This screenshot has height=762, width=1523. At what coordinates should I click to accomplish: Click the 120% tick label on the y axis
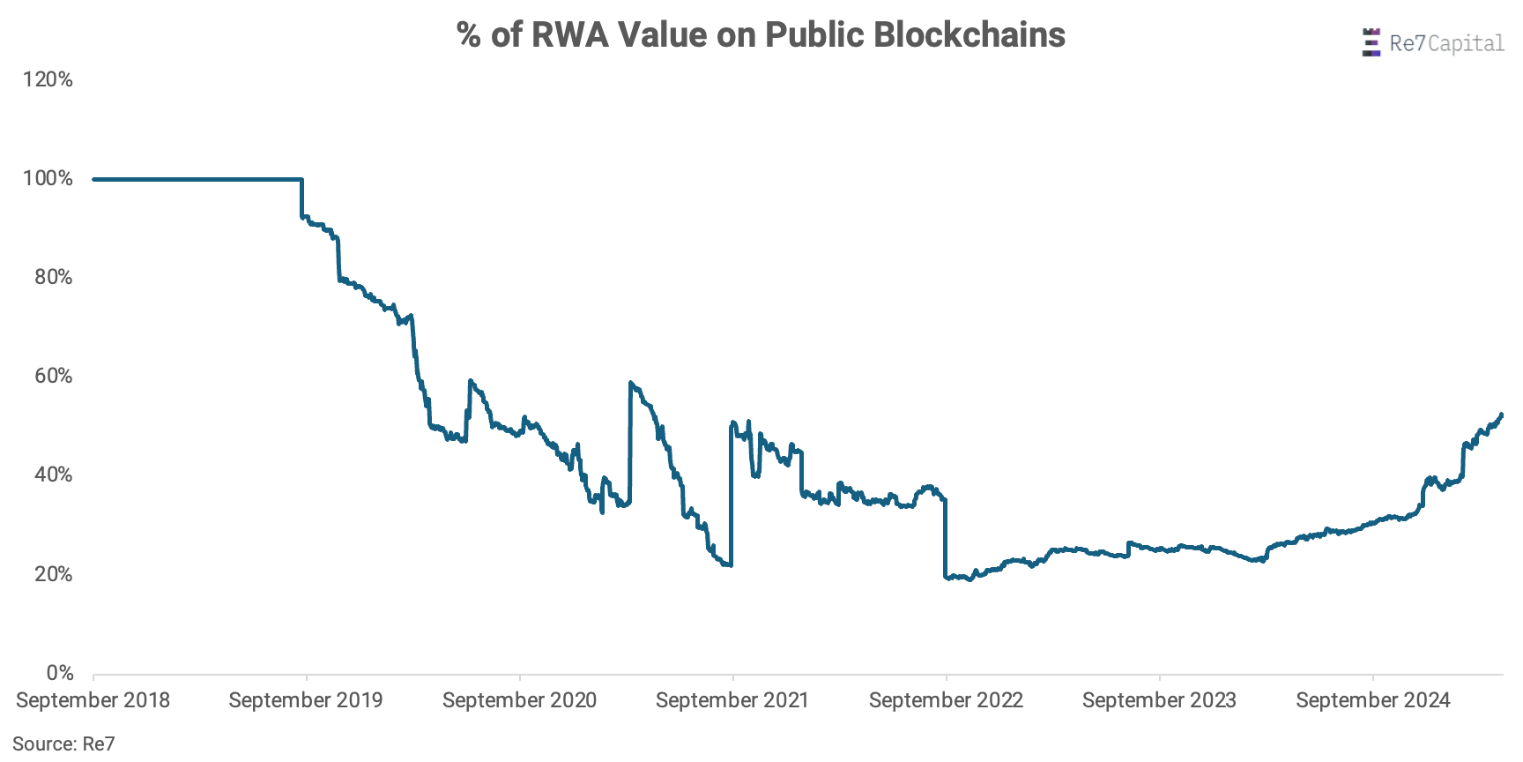point(48,80)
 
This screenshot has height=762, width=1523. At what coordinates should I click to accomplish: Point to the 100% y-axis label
point(48,179)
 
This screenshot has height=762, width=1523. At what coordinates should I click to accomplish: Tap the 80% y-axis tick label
point(53,278)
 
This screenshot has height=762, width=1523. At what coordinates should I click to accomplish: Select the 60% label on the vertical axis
point(53,377)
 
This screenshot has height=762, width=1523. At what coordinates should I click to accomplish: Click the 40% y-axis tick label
point(53,475)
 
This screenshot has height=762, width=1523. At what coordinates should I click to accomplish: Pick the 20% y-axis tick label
point(53,574)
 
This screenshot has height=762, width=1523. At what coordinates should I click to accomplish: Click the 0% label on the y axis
point(60,673)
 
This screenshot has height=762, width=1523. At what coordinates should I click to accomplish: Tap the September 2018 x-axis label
point(93,700)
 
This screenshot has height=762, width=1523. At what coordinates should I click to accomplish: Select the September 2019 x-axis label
point(306,700)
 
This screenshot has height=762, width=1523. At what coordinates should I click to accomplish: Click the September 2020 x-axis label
point(519,700)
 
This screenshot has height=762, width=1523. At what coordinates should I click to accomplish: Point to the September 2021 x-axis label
point(732,700)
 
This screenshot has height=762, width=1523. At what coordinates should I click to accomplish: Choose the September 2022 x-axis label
point(946,700)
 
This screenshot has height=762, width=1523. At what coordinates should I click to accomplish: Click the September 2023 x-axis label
point(1159,700)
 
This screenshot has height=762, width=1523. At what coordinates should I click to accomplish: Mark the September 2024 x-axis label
point(1372,700)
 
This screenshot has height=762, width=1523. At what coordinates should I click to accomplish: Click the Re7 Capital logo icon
point(1371,42)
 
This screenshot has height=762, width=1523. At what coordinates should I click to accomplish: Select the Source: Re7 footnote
point(63,744)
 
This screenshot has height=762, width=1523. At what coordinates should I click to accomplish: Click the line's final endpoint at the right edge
point(1501,415)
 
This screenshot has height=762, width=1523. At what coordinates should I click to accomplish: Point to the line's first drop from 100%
point(302,198)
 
